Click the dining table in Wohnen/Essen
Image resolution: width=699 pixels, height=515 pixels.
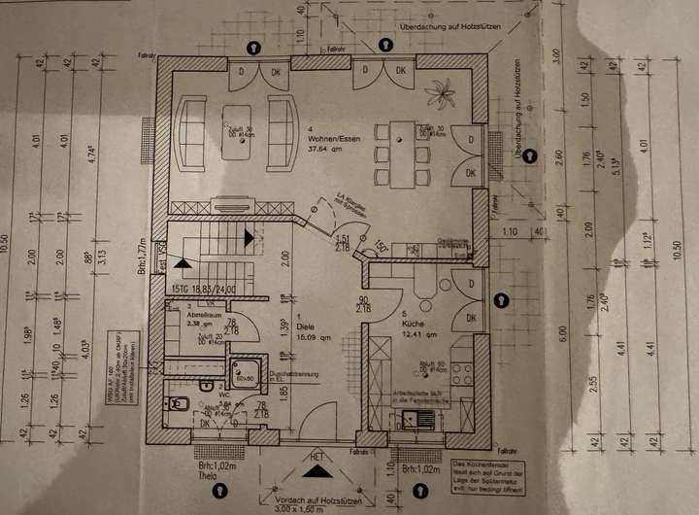(x=400, y=146)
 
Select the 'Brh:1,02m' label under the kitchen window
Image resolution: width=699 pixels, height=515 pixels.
(x=422, y=469)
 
